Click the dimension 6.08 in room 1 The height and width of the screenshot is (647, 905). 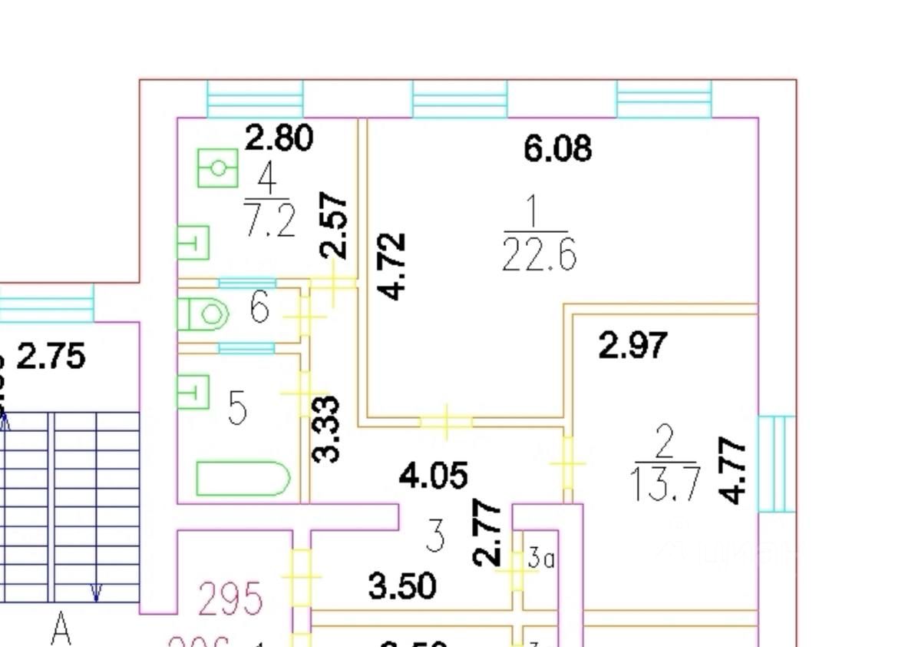tap(557, 148)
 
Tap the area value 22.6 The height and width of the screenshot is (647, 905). tap(539, 254)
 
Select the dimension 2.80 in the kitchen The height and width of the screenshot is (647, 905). tap(279, 138)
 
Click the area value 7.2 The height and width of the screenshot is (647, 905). tap(269, 222)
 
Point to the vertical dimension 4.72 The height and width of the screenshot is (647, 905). tap(395, 266)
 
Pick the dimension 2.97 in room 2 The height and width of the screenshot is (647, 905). tap(633, 346)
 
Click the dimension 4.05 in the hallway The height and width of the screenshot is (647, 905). tap(433, 476)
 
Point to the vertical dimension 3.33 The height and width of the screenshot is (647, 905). tap(327, 428)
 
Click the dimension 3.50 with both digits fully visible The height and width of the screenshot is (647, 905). tap(402, 586)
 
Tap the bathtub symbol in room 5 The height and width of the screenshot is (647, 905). tap(243, 478)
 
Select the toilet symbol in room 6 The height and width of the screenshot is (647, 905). tap(204, 314)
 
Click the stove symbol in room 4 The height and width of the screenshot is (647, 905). tap(219, 168)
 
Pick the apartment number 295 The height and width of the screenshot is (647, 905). tap(231, 599)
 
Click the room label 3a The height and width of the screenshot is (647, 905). tap(541, 559)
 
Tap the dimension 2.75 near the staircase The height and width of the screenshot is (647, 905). tap(51, 358)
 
